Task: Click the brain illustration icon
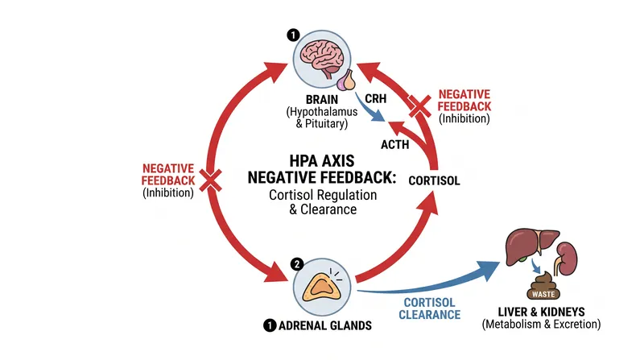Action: click(x=321, y=59)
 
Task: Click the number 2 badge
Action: click(x=297, y=264)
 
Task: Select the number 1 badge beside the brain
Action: click(x=293, y=35)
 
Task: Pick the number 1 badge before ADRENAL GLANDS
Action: click(x=270, y=326)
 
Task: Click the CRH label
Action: click(x=375, y=99)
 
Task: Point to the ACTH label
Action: click(x=394, y=145)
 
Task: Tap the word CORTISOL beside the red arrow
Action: click(x=434, y=180)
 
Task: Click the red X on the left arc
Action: click(x=211, y=180)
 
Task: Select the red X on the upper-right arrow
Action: click(x=419, y=106)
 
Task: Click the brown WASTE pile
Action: click(x=543, y=285)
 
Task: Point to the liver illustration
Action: click(x=531, y=246)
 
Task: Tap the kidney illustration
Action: click(x=567, y=259)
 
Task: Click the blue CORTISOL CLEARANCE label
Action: click(x=430, y=308)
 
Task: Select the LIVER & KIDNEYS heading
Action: click(x=541, y=312)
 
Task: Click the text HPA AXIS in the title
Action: click(x=322, y=161)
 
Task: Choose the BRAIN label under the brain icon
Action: click(x=322, y=99)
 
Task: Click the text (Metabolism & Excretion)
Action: click(x=541, y=325)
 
